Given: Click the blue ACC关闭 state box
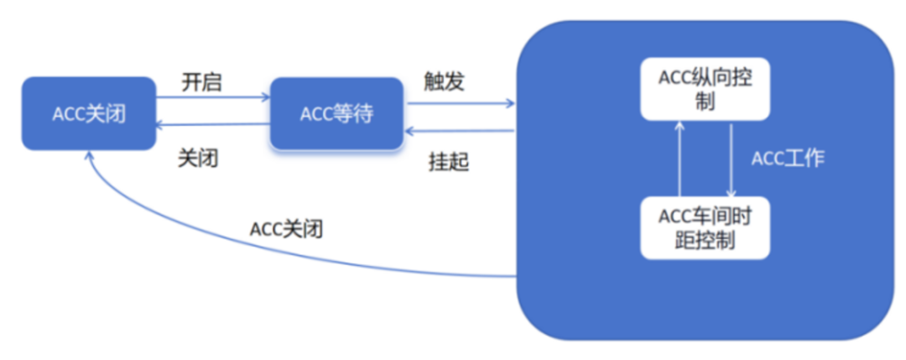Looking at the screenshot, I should (89, 113).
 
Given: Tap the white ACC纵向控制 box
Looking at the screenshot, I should (706, 89).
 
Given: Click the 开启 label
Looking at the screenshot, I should (202, 82).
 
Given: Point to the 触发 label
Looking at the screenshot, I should (444, 81).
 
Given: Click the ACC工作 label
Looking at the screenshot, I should (788, 159).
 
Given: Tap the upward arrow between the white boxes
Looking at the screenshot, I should (680, 159).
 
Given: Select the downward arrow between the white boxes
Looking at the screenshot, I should (732, 159).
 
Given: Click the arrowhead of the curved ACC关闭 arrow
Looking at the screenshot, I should (89, 157).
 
